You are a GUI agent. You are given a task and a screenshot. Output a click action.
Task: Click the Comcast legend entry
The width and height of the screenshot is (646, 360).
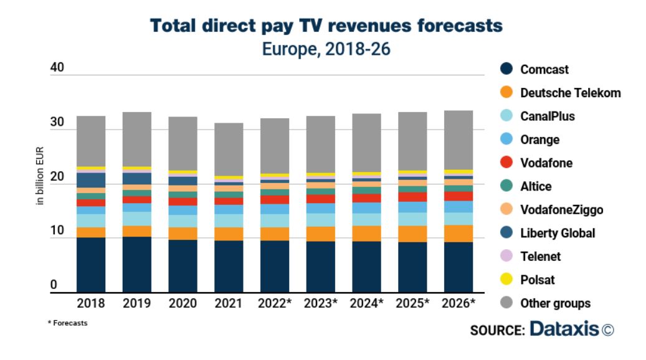pyautogui.click(x=544, y=70)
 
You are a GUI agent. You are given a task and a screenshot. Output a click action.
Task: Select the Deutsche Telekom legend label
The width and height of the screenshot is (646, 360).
pyautogui.click(x=570, y=93)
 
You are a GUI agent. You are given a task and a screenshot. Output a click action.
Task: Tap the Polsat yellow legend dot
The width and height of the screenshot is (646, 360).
pyautogui.click(x=506, y=280)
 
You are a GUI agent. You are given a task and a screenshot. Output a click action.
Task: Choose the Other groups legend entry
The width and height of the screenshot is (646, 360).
pyautogui.click(x=554, y=303)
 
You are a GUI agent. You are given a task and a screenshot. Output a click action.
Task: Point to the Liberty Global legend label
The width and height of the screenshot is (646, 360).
pyautogui.click(x=558, y=233)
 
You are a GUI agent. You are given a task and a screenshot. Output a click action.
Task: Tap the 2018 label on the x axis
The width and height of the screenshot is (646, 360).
pyautogui.click(x=91, y=303)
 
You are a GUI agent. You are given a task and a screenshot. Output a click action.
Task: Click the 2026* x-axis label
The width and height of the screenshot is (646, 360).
pyautogui.click(x=458, y=303)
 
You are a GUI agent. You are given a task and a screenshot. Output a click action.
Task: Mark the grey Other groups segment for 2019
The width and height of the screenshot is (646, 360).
pyautogui.click(x=136, y=139)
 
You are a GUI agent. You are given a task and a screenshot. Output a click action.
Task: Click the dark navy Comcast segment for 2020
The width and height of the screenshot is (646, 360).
pyautogui.click(x=183, y=266)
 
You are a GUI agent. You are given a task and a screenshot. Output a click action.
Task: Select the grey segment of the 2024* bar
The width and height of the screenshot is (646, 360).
pyautogui.click(x=366, y=143)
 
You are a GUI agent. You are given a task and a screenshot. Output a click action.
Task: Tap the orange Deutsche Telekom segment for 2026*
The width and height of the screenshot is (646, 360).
pyautogui.click(x=458, y=233)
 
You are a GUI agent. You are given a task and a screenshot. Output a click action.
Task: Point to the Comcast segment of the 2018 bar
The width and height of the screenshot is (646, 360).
pyautogui.click(x=91, y=265)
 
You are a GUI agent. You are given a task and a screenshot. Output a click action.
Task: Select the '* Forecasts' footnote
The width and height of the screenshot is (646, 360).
pyautogui.click(x=67, y=323)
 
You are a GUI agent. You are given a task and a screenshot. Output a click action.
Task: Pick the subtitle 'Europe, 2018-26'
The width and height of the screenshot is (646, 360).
pyautogui.click(x=326, y=49)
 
